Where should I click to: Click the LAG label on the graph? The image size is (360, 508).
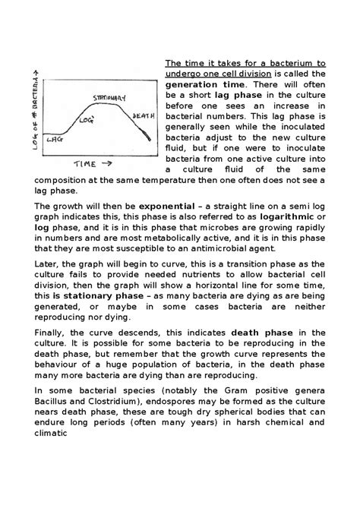tap(55, 140)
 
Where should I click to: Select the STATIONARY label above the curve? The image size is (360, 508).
tap(109, 99)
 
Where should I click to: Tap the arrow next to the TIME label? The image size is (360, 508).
tap(107, 163)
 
